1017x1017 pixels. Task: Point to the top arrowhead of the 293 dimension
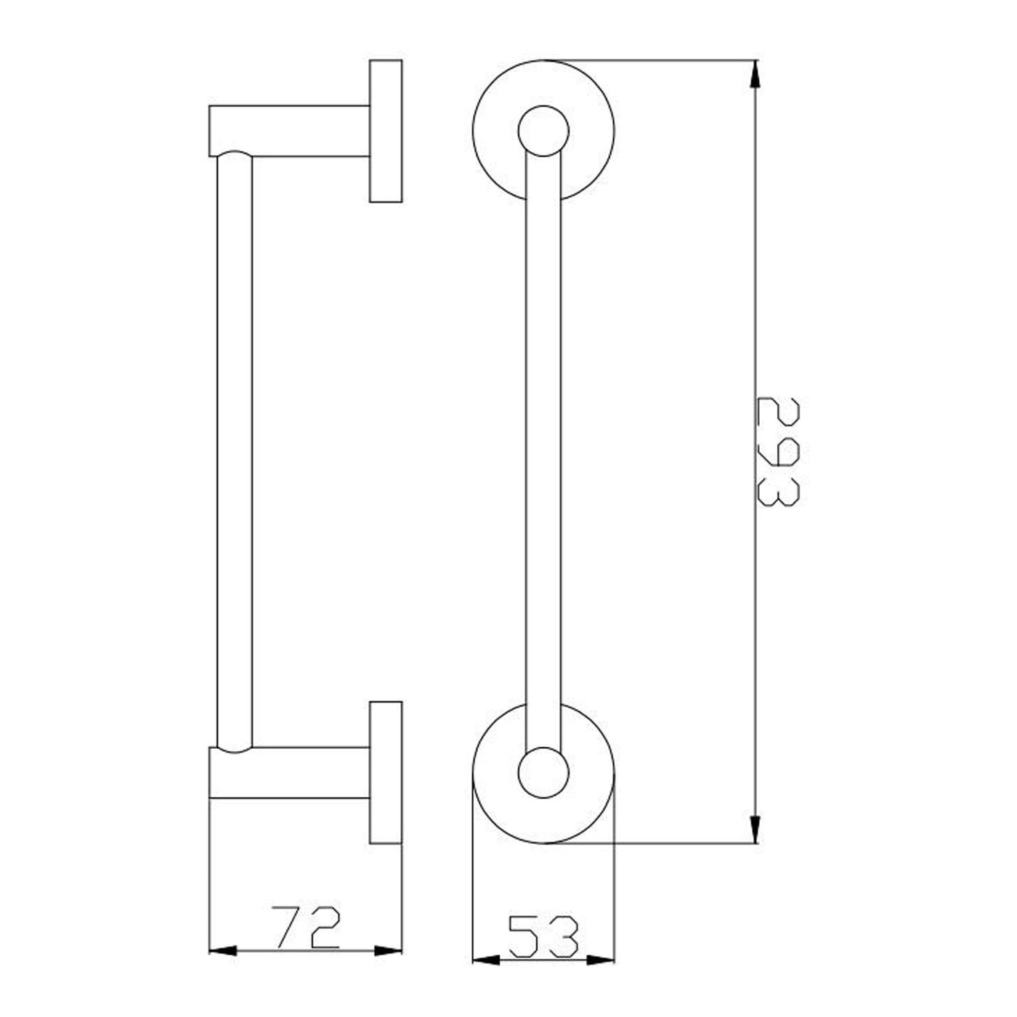pyautogui.click(x=755, y=74)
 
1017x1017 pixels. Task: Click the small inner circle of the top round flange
pyautogui.click(x=543, y=105)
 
